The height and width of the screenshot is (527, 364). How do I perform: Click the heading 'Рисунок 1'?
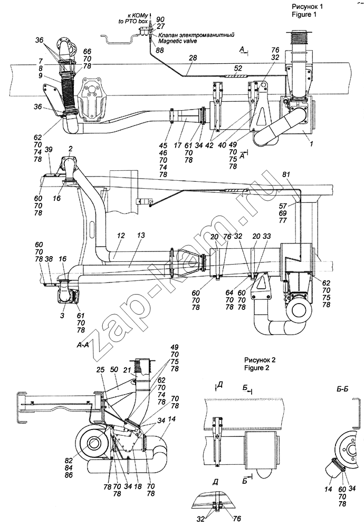pos(304,6)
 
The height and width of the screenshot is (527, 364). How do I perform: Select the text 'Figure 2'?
pos(257,368)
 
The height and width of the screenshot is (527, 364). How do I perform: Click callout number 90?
pos(161,19)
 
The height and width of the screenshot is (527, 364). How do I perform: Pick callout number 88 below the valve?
pos(160,50)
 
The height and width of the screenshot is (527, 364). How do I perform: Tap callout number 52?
pos(238,68)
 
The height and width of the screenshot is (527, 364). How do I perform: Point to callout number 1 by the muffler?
pos(312,144)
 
